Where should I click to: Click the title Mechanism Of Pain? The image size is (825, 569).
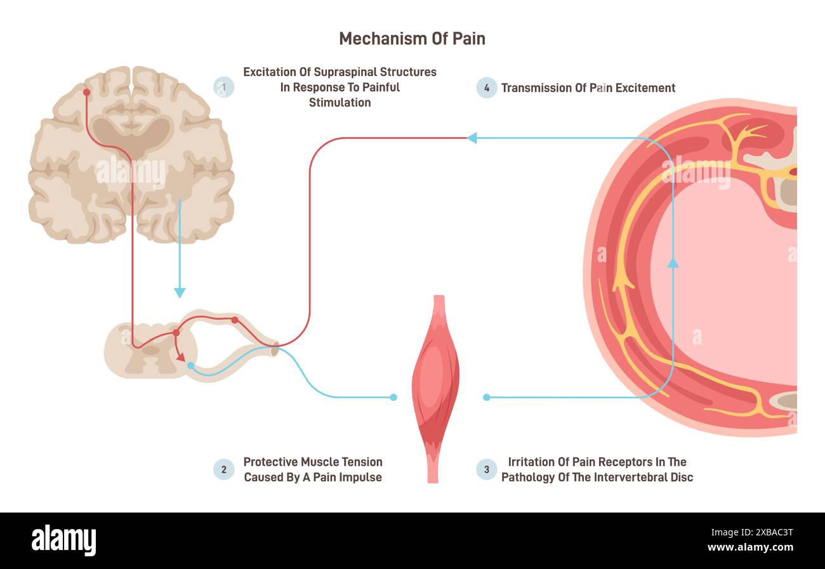pos(412,39)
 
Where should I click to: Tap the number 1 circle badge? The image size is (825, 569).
pos(223,87)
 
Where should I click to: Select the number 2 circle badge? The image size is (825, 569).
pos(223,469)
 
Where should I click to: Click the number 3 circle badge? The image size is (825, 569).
pos(487,469)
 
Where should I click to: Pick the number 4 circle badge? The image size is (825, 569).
pos(487,88)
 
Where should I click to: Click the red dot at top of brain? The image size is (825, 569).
pos(86,93)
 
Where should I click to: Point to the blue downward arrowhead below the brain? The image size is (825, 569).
pos(180,292)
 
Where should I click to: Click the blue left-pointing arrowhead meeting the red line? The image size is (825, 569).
pos(472,138)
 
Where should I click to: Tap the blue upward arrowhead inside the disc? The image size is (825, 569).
pos(673,262)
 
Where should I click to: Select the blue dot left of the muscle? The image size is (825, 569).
pos(393,397)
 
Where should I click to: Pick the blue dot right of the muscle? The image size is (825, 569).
pos(486,397)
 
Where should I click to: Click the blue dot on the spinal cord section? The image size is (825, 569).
pos(190,365)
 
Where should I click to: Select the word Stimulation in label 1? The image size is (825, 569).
pos(340,102)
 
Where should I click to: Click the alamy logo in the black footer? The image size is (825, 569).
pos(63,540)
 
